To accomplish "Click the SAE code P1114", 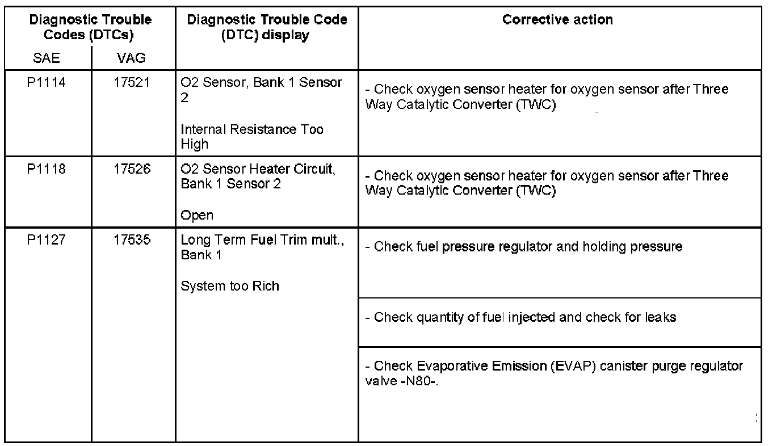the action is click(x=47, y=83).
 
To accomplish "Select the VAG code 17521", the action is click(x=131, y=83).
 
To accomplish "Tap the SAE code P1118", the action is click(x=47, y=169).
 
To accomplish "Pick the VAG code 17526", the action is click(x=131, y=169).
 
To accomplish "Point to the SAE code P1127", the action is click(x=47, y=240).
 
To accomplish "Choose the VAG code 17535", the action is click(x=131, y=240).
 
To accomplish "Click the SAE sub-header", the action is click(x=47, y=58).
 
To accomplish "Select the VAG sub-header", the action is click(x=131, y=58).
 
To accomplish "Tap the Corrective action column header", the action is click(x=557, y=20).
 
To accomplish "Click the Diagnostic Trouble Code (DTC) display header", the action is click(x=267, y=27).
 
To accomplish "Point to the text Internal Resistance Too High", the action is click(x=251, y=137).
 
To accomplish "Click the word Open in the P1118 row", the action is click(x=197, y=216).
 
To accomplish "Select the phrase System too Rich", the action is click(x=230, y=286).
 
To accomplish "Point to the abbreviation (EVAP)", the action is click(x=573, y=366).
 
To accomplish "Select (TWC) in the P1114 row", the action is click(x=536, y=105).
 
